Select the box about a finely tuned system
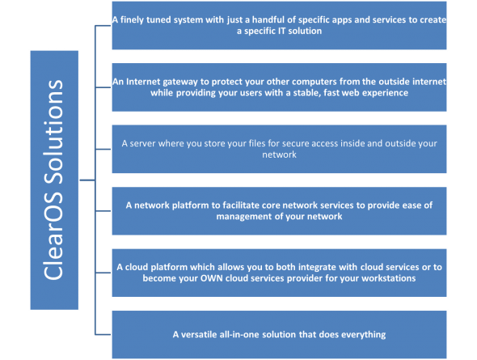(x=278, y=24)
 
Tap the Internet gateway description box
(x=278, y=87)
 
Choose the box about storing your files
(x=278, y=148)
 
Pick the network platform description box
(x=278, y=210)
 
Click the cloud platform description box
(x=278, y=272)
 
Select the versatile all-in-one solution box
(x=278, y=333)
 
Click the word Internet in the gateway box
(x=145, y=82)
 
